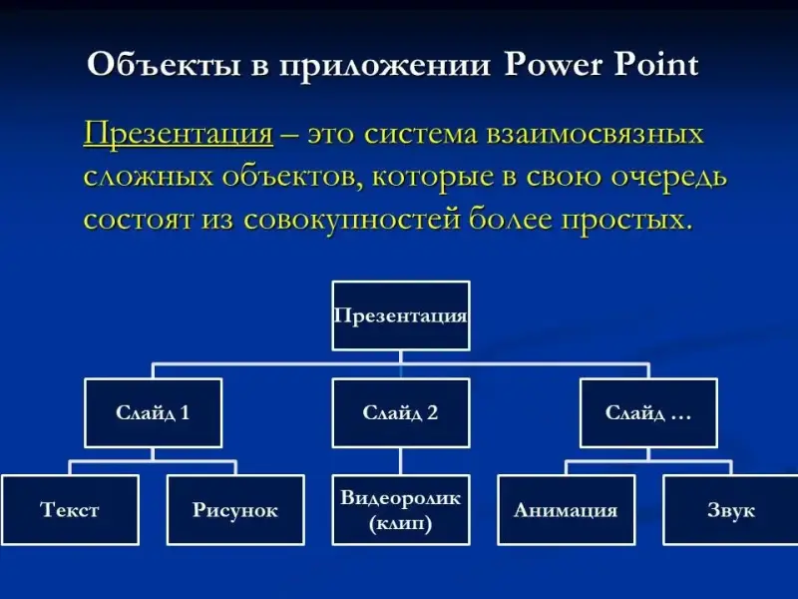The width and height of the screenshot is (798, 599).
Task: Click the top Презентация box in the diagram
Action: click(x=400, y=315)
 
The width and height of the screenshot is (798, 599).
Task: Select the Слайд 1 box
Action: click(x=153, y=412)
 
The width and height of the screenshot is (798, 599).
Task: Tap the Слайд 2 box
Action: click(x=400, y=412)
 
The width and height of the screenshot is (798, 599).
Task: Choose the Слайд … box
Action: click(x=648, y=412)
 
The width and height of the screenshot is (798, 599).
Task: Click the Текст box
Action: click(x=70, y=510)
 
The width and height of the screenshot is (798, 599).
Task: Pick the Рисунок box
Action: click(x=235, y=510)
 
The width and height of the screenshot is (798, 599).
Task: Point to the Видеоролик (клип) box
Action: click(x=400, y=510)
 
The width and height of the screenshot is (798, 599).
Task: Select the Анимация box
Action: click(x=566, y=510)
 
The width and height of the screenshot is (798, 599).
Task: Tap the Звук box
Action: click(x=731, y=510)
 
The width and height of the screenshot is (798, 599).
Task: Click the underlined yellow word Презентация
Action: click(x=179, y=134)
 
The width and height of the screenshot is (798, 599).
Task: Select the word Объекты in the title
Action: click(x=149, y=66)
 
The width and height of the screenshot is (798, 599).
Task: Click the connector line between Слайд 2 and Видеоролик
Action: click(x=400, y=460)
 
